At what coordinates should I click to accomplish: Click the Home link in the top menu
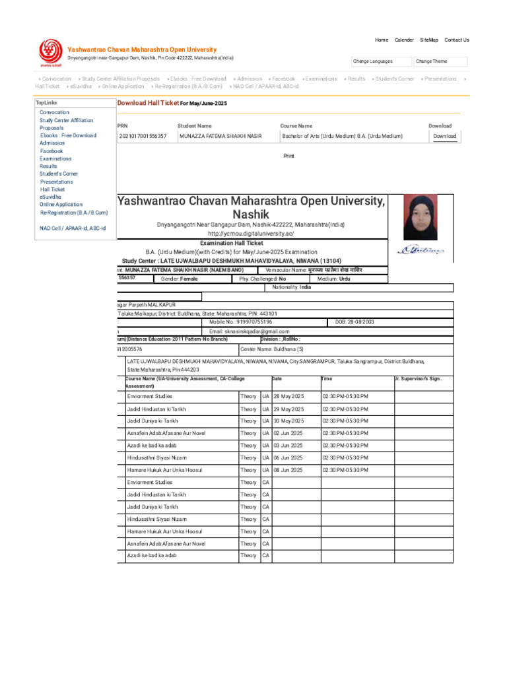[x=382, y=40]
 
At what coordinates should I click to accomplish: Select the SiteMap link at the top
[x=428, y=40]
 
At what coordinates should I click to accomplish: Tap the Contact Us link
[x=456, y=40]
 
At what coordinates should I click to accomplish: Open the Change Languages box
[x=380, y=61]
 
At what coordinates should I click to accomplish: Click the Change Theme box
[x=441, y=61]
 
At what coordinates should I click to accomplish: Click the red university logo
[x=50, y=53]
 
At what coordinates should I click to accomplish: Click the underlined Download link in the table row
[x=444, y=137]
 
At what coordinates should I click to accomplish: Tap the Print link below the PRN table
[x=288, y=156]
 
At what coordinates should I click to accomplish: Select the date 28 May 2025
[x=288, y=396]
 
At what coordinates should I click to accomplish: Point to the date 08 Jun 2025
[x=288, y=470]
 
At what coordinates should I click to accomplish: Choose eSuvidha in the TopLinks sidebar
[x=51, y=197]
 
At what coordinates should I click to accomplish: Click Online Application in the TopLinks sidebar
[x=61, y=205]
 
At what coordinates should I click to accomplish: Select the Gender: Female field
[x=179, y=279]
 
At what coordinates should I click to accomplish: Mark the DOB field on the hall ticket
[x=355, y=322]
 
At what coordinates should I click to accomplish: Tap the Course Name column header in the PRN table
[x=296, y=125]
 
